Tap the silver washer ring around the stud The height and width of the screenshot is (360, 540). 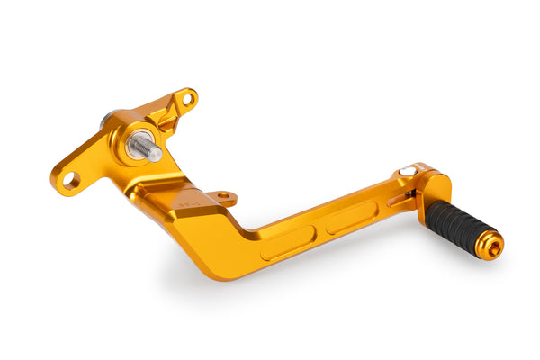coord(136,145)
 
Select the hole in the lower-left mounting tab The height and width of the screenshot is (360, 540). coord(70,181)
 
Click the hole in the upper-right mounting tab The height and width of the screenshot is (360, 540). coord(188,99)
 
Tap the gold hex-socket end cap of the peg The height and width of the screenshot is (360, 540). coord(491,245)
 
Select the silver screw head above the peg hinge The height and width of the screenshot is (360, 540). coord(409,171)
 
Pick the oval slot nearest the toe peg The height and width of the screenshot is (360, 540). coord(353,217)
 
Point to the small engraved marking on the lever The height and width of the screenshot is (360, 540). coord(188,204)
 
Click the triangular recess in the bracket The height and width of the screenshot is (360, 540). coord(164,118)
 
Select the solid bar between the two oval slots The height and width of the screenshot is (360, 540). coord(321,230)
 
